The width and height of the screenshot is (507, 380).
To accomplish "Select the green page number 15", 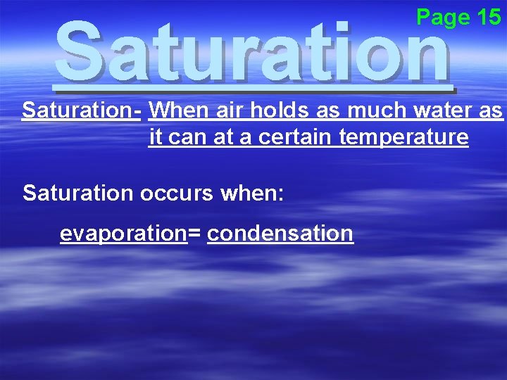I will [489, 17].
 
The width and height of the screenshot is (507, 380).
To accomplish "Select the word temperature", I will [403, 137].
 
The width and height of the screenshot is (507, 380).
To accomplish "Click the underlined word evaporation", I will [123, 234].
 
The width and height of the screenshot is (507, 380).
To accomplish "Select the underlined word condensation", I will [280, 234].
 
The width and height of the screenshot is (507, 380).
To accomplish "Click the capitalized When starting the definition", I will [172, 110].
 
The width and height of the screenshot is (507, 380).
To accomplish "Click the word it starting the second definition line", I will [154, 137].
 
